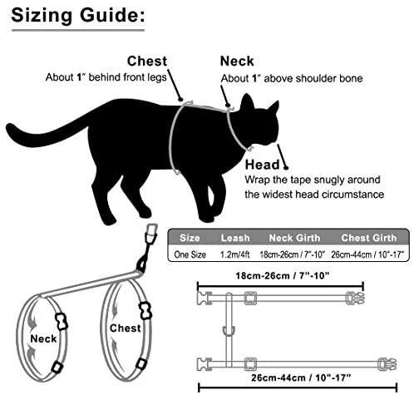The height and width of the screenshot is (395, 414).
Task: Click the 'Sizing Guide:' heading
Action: pyautogui.click(x=78, y=16)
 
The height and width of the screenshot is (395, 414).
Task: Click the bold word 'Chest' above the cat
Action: pyautogui.click(x=147, y=62)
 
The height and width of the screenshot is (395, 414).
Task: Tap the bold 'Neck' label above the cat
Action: pyautogui.click(x=237, y=62)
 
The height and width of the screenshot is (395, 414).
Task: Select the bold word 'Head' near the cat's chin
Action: pyautogui.click(x=263, y=165)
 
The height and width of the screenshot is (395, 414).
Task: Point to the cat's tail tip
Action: pyautogui.click(x=10, y=128)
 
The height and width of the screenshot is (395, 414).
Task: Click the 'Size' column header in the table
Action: pyautogui.click(x=190, y=238)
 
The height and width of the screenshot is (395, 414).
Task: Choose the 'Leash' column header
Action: pyautogui.click(x=235, y=238)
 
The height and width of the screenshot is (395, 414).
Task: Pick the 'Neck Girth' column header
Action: pyautogui.click(x=294, y=238)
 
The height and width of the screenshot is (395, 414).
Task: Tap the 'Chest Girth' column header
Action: pyautogui.click(x=369, y=238)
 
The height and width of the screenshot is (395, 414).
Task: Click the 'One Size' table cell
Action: pyautogui.click(x=190, y=254)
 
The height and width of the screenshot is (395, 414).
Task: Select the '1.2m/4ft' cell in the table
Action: pyautogui.click(x=235, y=254)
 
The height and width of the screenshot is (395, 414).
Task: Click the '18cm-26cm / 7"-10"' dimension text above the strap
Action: pyautogui.click(x=283, y=276)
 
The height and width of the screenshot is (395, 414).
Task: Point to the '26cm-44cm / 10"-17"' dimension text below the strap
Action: pyautogui.click(x=301, y=378)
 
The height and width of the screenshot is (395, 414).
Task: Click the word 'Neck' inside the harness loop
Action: pyautogui.click(x=43, y=338)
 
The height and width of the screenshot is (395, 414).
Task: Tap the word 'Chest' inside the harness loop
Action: pyautogui.click(x=126, y=328)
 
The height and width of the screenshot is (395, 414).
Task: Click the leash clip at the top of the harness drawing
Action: pyautogui.click(x=151, y=235)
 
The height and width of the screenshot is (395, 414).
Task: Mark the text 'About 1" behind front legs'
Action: pyautogui.click(x=106, y=77)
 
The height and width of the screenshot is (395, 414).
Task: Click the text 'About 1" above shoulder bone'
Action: pyautogui.click(x=292, y=78)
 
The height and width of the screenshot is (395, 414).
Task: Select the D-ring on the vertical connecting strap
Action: pyautogui.click(x=229, y=331)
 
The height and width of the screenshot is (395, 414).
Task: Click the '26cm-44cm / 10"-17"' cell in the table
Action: pyautogui.click(x=367, y=254)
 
